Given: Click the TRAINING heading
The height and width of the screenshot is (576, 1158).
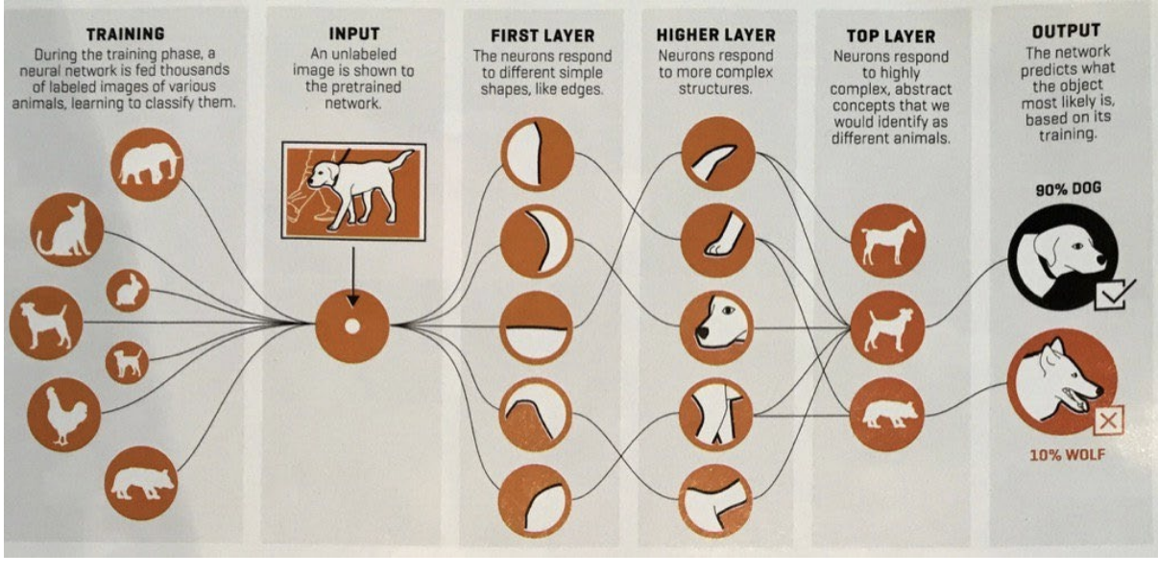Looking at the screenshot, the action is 126,35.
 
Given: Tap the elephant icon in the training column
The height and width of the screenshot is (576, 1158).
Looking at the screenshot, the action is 147,164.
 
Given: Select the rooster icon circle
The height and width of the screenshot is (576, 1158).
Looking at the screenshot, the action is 64,414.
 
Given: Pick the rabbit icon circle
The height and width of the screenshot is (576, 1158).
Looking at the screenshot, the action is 128,291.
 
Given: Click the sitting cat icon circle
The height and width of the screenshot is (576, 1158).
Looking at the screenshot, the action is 66,229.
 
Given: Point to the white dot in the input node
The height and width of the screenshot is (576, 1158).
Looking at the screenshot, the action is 352,326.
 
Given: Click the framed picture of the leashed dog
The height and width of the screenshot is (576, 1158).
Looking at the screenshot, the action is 353,191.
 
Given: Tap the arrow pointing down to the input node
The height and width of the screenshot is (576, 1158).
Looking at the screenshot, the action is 353,276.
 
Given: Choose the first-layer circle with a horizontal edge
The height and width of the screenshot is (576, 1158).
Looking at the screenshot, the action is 536,327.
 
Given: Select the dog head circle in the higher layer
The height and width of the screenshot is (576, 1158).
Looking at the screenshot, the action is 716,327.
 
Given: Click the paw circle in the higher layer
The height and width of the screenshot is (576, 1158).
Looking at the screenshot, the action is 717,240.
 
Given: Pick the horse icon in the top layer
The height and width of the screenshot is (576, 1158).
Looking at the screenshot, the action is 887,241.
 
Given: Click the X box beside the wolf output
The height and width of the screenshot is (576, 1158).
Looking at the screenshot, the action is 1109,420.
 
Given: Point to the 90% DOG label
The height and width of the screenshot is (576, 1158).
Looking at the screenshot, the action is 1068,189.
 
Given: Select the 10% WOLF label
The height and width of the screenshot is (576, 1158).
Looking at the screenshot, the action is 1067,455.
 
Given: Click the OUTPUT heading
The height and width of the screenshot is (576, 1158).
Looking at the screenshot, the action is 1066,32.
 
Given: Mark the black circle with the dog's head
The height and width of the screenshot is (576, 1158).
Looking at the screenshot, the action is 1063,257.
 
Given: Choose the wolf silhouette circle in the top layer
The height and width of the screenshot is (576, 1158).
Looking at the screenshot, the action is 886,414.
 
